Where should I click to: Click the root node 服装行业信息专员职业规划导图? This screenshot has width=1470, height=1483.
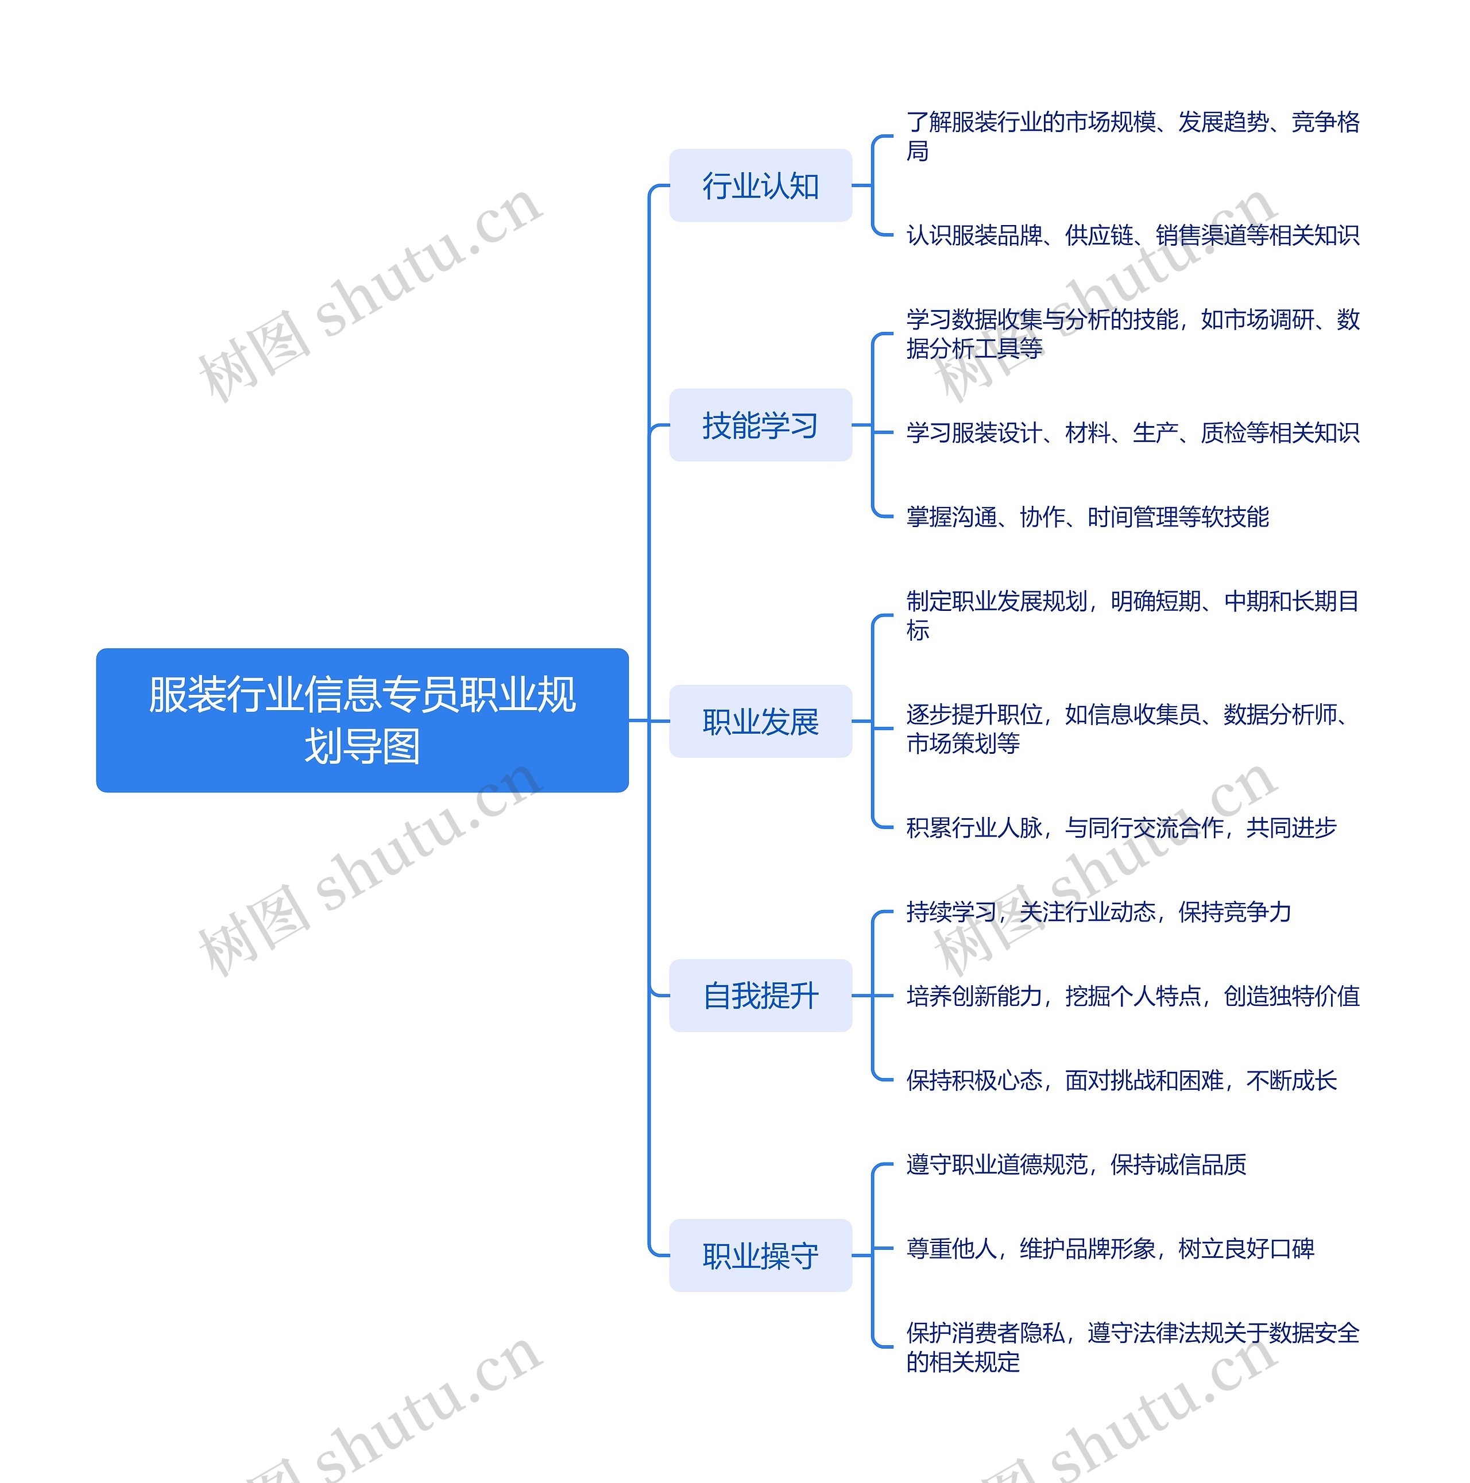[x=362, y=720]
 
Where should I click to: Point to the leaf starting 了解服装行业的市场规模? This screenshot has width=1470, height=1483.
[x=1132, y=136]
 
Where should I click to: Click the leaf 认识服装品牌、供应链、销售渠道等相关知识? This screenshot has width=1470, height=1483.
[x=1132, y=235]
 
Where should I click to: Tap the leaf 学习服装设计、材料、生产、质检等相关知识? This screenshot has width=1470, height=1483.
[x=1132, y=433]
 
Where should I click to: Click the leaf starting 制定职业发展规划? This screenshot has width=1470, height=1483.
[x=1132, y=615]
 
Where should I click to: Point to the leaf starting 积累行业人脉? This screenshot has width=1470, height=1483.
[x=1121, y=827]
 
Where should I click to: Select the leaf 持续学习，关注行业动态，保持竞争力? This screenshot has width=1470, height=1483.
[x=1098, y=912]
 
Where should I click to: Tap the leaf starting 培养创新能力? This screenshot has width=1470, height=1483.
[x=1132, y=996]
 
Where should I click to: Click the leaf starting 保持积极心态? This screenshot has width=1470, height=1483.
[x=1121, y=1080]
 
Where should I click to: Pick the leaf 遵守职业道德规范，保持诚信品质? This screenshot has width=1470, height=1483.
[x=1076, y=1164]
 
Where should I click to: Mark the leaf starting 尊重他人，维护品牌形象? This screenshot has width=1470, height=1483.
[x=1109, y=1249]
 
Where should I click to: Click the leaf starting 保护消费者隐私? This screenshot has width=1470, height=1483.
[x=1132, y=1347]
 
